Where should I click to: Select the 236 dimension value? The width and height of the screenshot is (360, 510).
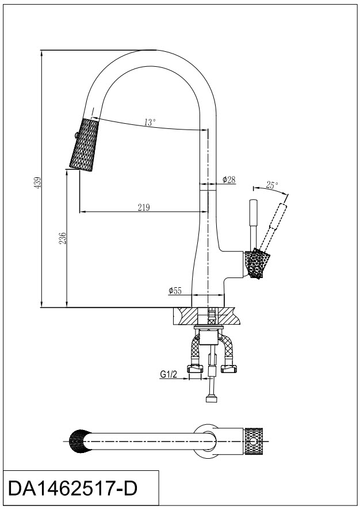coord(63,237)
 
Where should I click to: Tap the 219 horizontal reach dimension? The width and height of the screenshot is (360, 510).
coord(144,208)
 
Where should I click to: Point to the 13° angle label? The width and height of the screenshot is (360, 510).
coord(150,122)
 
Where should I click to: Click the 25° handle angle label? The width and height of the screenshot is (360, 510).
coord(272,185)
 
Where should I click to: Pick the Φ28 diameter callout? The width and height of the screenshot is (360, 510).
coord(229,180)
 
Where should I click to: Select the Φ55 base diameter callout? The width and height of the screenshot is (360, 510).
coord(175,291)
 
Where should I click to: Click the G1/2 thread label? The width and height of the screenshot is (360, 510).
coord(168,374)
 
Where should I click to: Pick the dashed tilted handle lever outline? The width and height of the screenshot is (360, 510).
coord(275,224)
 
